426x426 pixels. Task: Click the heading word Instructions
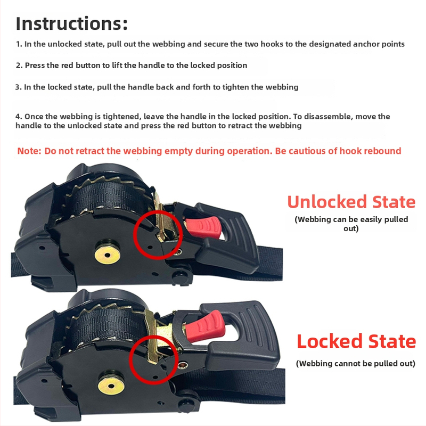[x=71, y=23]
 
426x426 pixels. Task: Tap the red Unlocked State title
[x=351, y=202]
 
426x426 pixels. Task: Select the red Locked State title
[x=356, y=341]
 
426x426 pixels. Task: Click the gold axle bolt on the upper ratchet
[x=108, y=255]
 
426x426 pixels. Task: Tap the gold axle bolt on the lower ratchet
[x=111, y=386]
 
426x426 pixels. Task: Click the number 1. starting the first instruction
[x=19, y=44]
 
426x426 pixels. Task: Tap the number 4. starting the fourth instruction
[x=19, y=117]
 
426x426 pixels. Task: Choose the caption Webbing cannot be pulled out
[x=356, y=364]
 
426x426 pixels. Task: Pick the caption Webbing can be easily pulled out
[x=351, y=224]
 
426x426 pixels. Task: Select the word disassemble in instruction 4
[x=327, y=117]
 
